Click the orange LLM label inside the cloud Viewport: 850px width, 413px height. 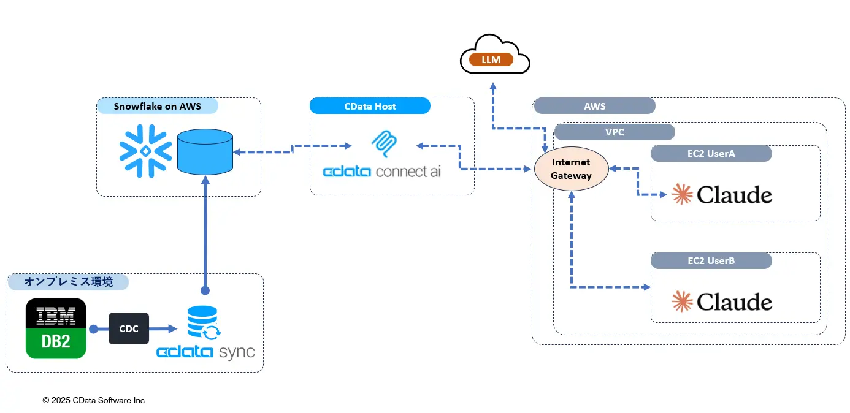(491, 60)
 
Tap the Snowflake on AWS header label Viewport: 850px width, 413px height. (158, 106)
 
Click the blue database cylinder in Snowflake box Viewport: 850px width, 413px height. (205, 151)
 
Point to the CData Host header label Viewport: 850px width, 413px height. (370, 106)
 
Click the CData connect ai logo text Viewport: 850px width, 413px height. (381, 171)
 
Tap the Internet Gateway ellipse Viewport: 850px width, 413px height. (571, 169)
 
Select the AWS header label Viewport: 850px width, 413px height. (594, 106)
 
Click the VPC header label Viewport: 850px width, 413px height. (614, 132)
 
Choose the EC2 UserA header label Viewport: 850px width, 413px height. (711, 154)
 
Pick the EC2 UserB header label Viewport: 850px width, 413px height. (711, 260)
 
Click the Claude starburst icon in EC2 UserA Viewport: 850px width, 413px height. (681, 194)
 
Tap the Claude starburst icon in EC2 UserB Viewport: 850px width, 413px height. (681, 301)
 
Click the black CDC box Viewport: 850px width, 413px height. (129, 328)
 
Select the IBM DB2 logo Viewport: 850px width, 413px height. (56, 328)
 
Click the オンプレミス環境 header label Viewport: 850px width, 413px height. (68, 282)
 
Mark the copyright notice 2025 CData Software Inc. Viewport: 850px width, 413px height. (94, 400)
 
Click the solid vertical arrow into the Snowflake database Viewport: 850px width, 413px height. (205, 233)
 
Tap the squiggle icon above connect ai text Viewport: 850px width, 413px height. (385, 144)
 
